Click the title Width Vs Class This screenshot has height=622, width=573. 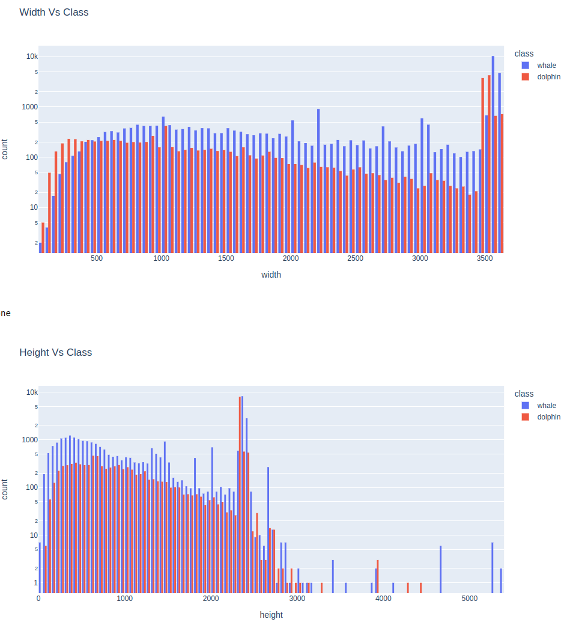54,12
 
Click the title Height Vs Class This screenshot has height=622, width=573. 56,352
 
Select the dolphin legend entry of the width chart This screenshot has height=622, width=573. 548,77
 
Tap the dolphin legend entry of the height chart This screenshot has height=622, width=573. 548,417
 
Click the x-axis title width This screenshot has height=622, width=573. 271,275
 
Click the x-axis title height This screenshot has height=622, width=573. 271,615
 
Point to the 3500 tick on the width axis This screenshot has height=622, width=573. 485,258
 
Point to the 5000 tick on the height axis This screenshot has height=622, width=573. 470,599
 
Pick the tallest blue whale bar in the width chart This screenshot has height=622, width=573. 493,150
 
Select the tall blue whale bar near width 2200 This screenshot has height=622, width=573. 318,180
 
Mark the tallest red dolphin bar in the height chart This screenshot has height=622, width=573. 240,493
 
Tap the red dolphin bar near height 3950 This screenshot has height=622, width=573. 378,576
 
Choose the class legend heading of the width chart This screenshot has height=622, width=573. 524,53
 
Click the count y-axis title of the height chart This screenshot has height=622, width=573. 5,489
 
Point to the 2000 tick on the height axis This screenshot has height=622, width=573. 211,599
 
